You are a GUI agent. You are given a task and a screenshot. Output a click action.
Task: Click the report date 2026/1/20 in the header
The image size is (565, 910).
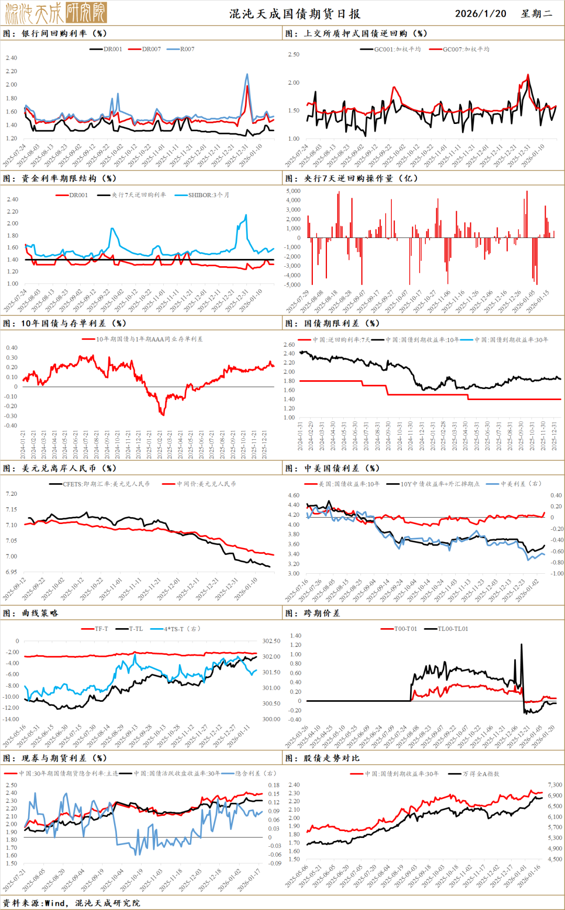(x=480, y=14)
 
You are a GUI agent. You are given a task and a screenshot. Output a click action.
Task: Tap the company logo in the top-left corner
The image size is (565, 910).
(x=56, y=13)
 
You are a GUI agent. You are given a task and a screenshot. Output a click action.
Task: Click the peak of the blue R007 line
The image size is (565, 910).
(x=247, y=74)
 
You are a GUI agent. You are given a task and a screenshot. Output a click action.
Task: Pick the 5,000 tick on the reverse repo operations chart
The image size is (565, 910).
(x=293, y=191)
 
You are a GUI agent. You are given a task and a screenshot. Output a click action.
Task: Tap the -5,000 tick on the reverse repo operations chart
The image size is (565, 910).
(x=292, y=285)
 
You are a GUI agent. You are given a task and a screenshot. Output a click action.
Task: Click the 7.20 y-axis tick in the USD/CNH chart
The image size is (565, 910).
(x=12, y=494)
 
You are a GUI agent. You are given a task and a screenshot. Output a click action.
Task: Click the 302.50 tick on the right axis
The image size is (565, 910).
(x=271, y=641)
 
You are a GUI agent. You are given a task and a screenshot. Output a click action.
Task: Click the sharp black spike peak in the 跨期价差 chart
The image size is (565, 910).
(x=522, y=644)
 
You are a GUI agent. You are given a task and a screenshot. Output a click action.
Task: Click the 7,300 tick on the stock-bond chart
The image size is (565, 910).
(x=555, y=785)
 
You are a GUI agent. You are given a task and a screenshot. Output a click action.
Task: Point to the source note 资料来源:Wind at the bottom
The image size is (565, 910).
(x=35, y=903)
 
